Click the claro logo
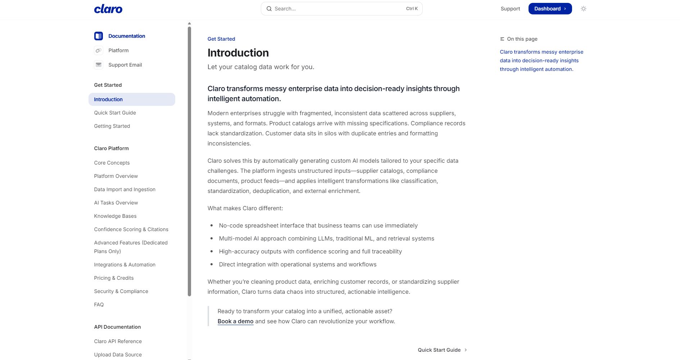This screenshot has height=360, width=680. tap(108, 9)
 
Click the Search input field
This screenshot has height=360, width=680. tap(338, 9)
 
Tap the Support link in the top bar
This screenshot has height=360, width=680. tap(510, 9)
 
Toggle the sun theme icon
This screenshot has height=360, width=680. tap(583, 9)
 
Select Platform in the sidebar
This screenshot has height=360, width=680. tap(118, 50)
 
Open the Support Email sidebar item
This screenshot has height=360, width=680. tap(125, 65)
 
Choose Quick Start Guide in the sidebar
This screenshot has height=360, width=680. tap(115, 113)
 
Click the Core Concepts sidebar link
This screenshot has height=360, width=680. tap(112, 163)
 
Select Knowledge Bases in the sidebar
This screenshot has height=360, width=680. tap(115, 216)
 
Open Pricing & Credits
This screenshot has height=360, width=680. tap(114, 278)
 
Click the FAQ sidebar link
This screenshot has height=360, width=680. tap(99, 305)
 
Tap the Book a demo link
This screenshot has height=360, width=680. tap(235, 321)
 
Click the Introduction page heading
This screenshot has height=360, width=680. tap(238, 53)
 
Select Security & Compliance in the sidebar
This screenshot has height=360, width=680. tap(121, 291)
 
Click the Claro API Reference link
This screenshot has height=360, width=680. tap(118, 341)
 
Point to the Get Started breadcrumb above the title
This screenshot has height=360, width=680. tap(221, 39)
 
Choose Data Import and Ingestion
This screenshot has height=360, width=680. tap(124, 189)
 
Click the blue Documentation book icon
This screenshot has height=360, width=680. tap(99, 36)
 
